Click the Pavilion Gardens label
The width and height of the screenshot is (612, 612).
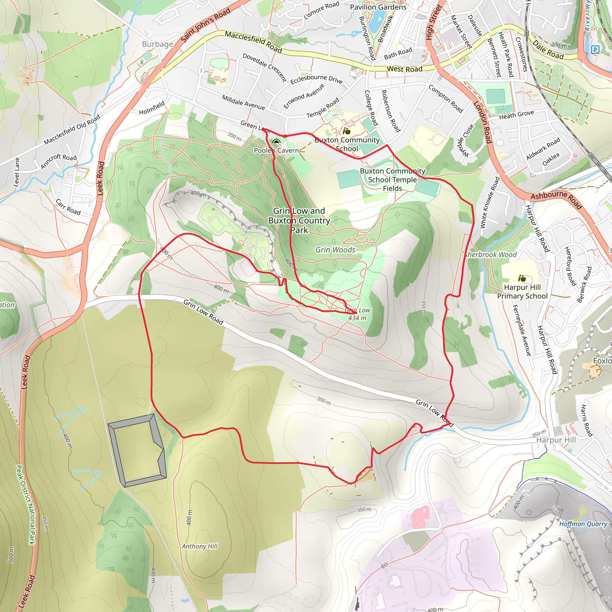point(378,7)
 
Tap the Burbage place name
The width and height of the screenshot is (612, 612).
point(157,44)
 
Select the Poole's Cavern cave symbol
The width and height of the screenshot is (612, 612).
point(276,142)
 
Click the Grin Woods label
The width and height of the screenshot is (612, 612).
point(336,250)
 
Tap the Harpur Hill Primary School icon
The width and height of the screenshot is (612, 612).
point(522,279)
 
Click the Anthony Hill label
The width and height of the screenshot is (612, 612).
point(200,547)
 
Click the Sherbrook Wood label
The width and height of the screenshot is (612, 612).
point(491,255)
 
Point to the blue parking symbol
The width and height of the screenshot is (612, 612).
point(596,49)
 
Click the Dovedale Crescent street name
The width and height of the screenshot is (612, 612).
point(264,68)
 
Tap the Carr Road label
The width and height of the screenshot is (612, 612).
point(68,207)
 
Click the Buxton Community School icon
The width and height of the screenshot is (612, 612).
point(347,131)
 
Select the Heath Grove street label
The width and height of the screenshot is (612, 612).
point(516,115)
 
